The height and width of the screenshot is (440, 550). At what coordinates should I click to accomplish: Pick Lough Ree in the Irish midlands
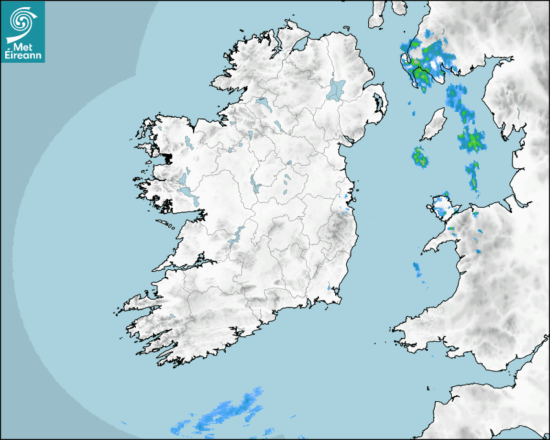(x=256, y=186)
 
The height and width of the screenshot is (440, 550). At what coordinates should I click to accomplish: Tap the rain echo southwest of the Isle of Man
(x=421, y=157)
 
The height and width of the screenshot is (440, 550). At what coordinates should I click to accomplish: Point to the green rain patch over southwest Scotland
(x=427, y=61)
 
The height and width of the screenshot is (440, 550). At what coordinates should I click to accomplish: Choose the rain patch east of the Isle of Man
(x=470, y=138)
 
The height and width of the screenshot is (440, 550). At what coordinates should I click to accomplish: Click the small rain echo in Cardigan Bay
(x=418, y=269)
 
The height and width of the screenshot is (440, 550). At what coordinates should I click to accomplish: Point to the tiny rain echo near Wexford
(x=329, y=287)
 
